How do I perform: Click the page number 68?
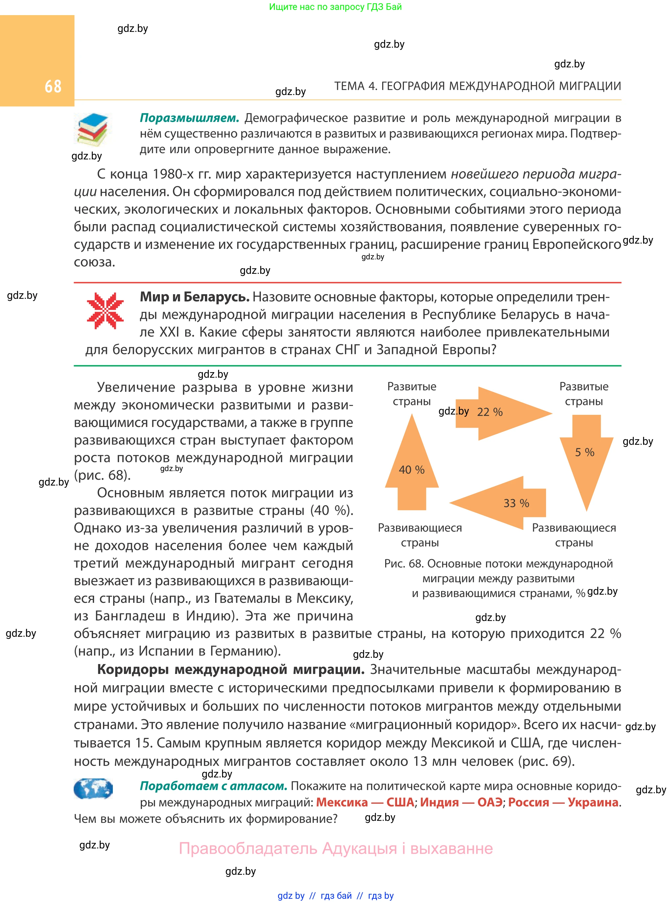53,86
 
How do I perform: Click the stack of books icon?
93,129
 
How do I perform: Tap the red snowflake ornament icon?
105,311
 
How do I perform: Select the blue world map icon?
93,789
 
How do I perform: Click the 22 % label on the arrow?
490,412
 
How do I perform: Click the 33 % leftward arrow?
504,503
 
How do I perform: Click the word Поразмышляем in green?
189,118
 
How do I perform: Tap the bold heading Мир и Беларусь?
194,297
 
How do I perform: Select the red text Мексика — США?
365,802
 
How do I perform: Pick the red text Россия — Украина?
563,802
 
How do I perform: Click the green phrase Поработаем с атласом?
213,786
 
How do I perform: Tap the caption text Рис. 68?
404,564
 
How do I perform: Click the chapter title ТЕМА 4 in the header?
477,86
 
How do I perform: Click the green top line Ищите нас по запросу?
335,7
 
